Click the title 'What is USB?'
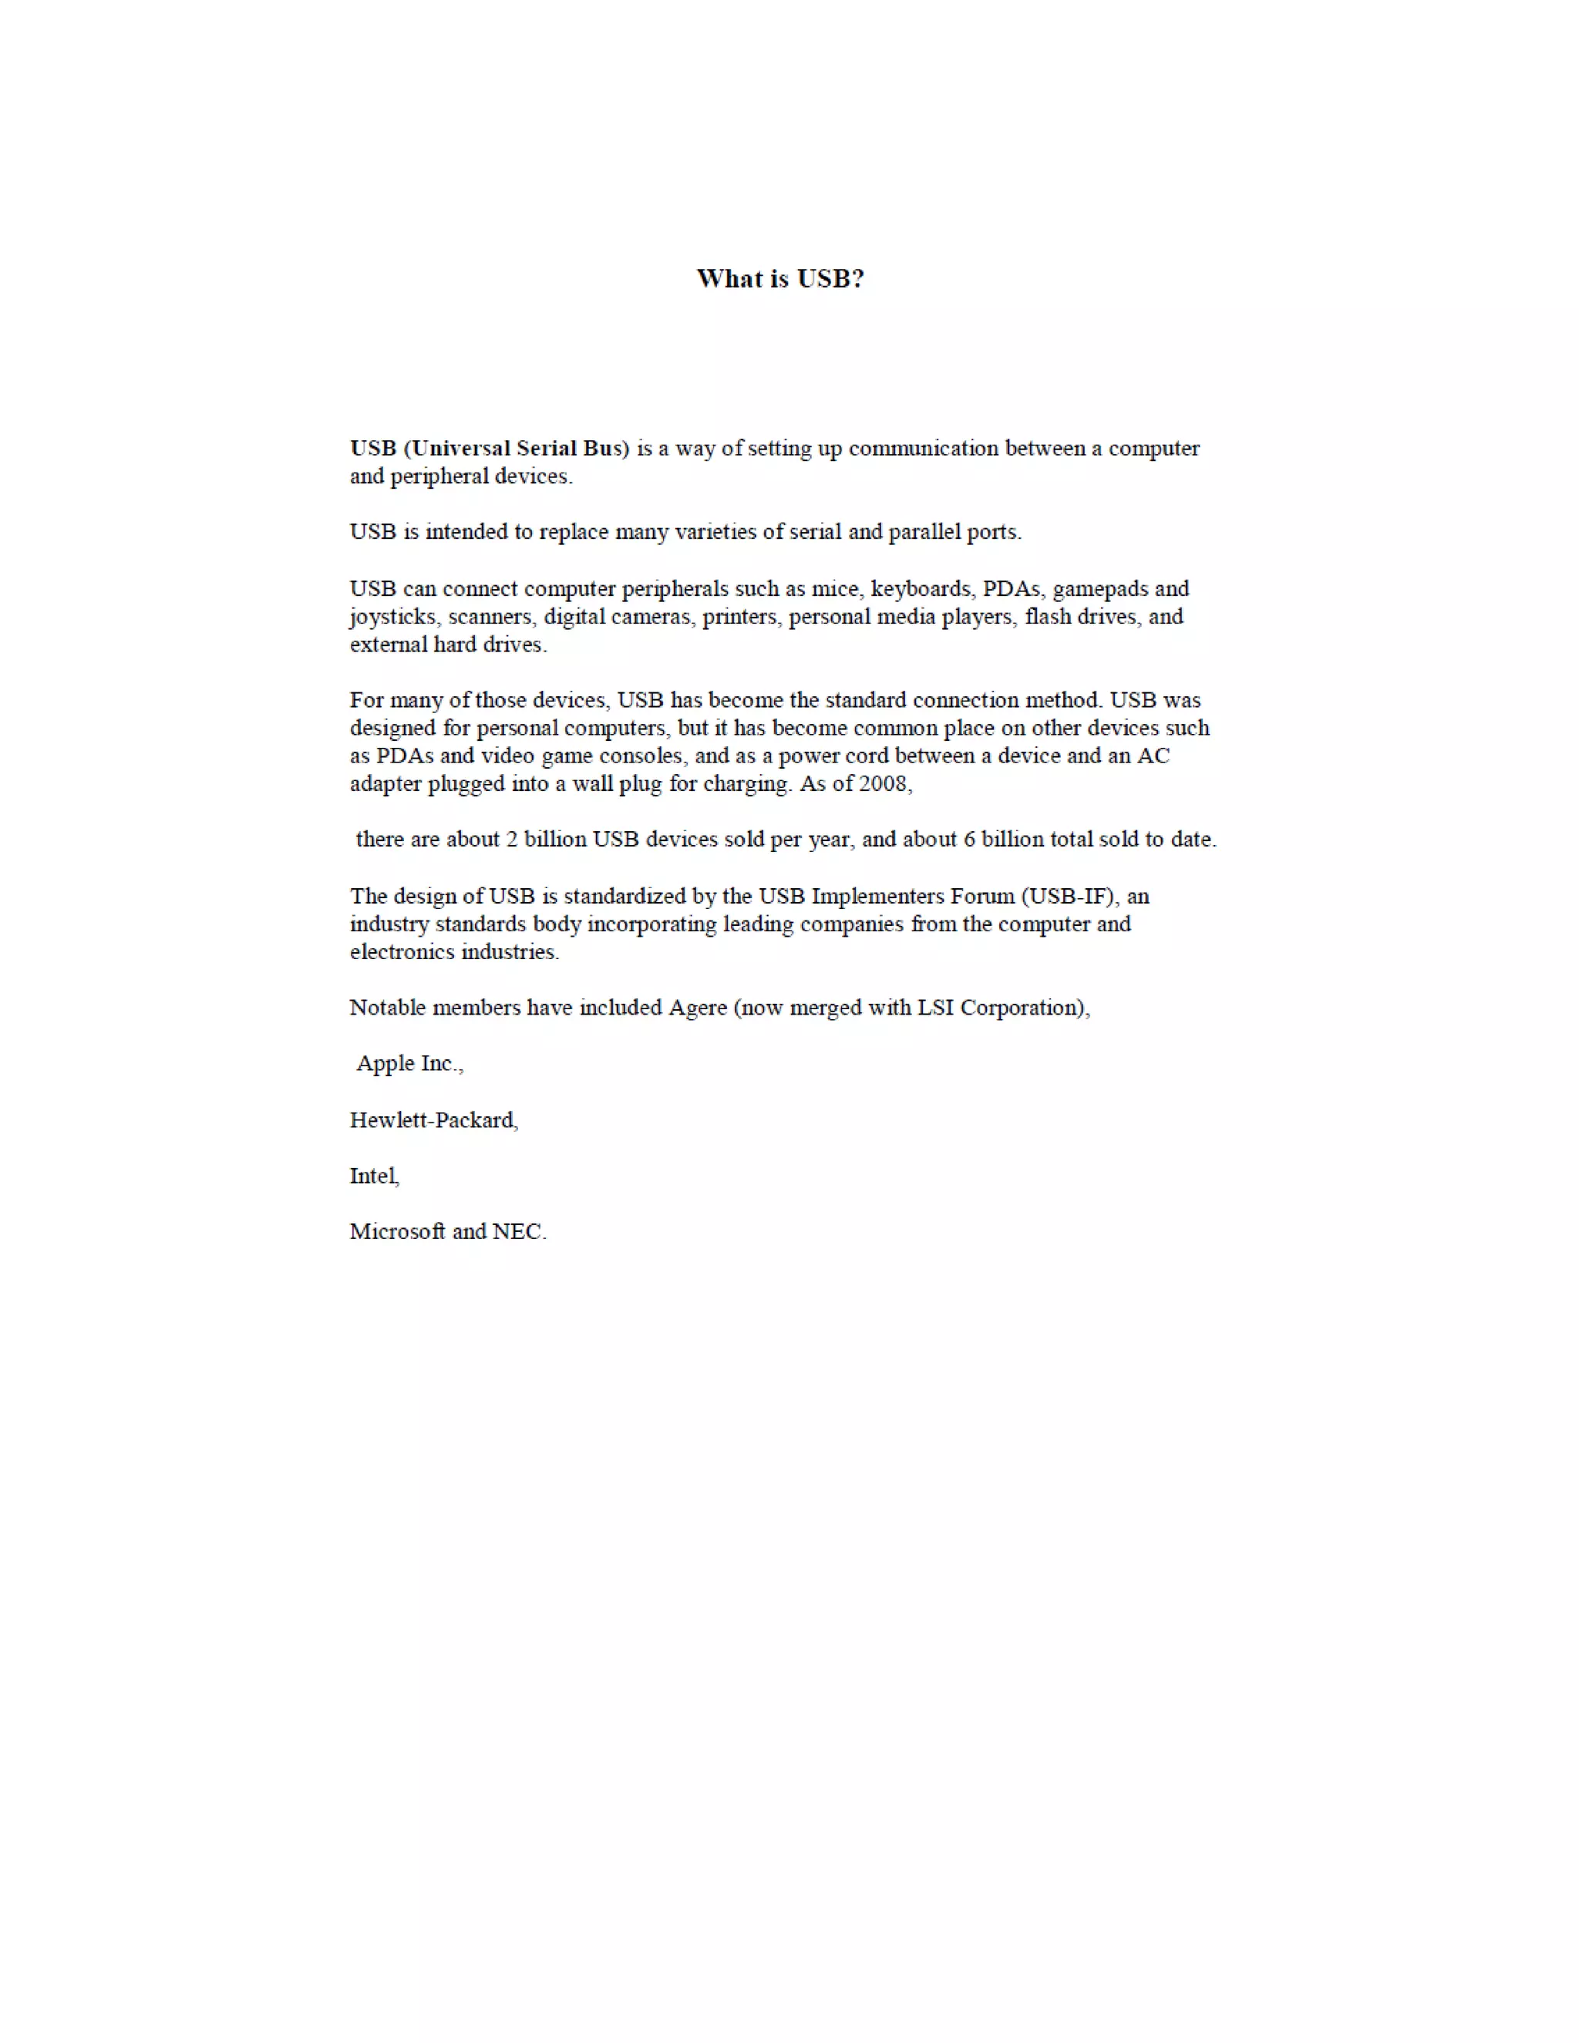click(x=780, y=279)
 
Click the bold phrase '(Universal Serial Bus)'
click(x=517, y=448)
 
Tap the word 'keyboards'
click(x=921, y=588)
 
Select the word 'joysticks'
click(x=393, y=618)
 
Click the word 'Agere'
click(x=697, y=1008)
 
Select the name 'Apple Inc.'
click(x=408, y=1064)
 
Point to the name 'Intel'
click(x=373, y=1176)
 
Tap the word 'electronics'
click(x=399, y=952)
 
